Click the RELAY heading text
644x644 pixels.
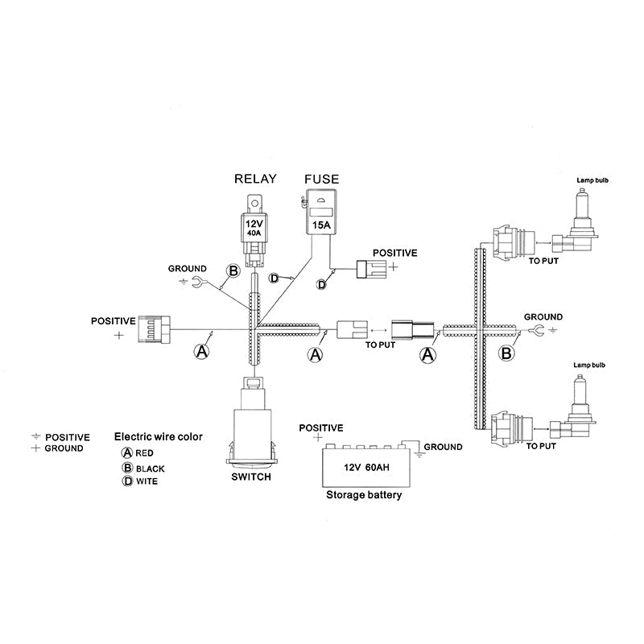pyautogui.click(x=255, y=179)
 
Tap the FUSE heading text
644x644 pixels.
pyautogui.click(x=321, y=179)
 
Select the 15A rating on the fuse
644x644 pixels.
pyautogui.click(x=321, y=225)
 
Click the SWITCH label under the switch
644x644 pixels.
pyautogui.click(x=251, y=477)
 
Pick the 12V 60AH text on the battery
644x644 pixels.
pyautogui.click(x=366, y=468)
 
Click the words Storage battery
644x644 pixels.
pyautogui.click(x=364, y=495)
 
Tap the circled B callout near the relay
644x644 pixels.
pyautogui.click(x=233, y=271)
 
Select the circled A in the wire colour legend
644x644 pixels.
pyautogui.click(x=127, y=452)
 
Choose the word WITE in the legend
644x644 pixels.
pyautogui.click(x=147, y=481)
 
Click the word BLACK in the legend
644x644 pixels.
pyautogui.click(x=150, y=469)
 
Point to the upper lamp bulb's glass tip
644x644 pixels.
pyautogui.click(x=580, y=192)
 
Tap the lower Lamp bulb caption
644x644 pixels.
pyautogui.click(x=589, y=365)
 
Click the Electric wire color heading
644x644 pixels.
pyautogui.click(x=158, y=436)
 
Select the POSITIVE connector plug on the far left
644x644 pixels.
pyautogui.click(x=154, y=329)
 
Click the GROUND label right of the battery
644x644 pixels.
pyautogui.click(x=443, y=447)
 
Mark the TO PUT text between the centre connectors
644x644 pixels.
pyautogui.click(x=380, y=345)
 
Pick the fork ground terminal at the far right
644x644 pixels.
pyautogui.click(x=538, y=329)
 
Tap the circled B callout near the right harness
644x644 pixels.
pyautogui.click(x=506, y=353)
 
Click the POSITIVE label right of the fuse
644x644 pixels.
pyautogui.click(x=394, y=253)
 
